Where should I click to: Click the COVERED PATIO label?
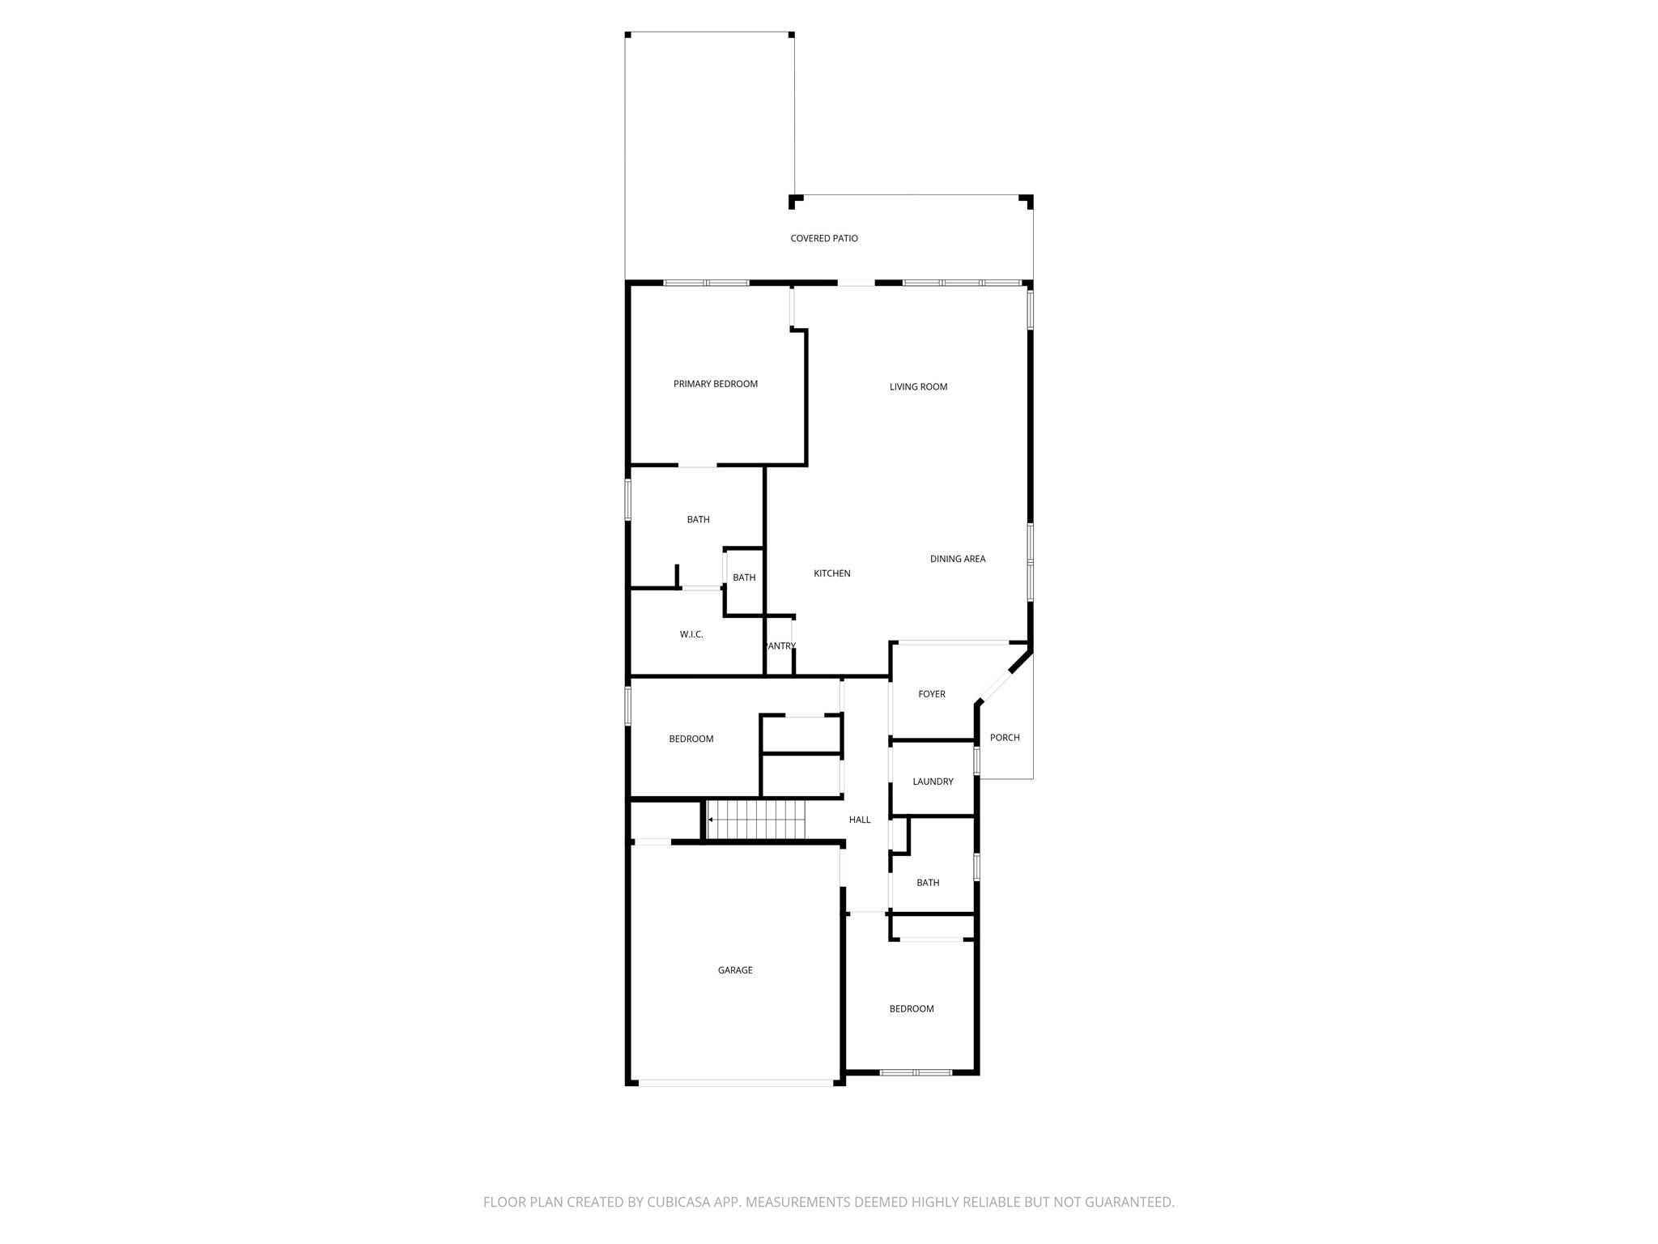click(x=824, y=238)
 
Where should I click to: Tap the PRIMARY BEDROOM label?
click(x=716, y=384)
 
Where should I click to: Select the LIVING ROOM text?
click(x=918, y=387)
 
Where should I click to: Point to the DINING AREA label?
click(x=958, y=559)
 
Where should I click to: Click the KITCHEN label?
click(x=832, y=573)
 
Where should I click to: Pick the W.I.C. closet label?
click(x=691, y=635)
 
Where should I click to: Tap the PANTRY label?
click(x=780, y=646)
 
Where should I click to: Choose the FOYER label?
click(x=932, y=694)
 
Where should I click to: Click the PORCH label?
click(x=1005, y=738)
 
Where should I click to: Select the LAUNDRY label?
click(x=933, y=782)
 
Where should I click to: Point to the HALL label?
click(x=860, y=820)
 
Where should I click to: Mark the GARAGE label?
click(x=735, y=970)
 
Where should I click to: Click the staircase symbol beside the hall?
click(x=758, y=820)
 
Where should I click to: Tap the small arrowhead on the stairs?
click(x=711, y=820)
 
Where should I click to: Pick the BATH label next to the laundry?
click(x=928, y=883)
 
